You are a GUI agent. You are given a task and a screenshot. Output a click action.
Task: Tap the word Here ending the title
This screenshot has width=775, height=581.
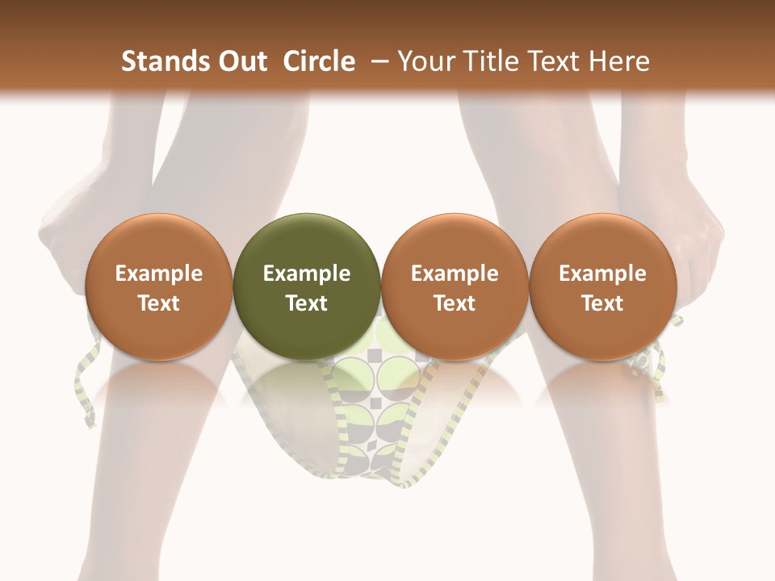(x=620, y=61)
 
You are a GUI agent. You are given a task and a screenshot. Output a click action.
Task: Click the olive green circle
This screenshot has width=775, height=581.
(x=307, y=286)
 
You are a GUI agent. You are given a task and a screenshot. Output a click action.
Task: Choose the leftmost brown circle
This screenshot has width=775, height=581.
(x=158, y=286)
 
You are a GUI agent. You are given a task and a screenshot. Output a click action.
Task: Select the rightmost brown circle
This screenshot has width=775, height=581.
(x=602, y=286)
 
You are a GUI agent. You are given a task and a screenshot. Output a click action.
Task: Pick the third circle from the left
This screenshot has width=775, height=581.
(x=455, y=286)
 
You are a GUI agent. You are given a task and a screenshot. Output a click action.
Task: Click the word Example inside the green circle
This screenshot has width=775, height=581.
(x=307, y=274)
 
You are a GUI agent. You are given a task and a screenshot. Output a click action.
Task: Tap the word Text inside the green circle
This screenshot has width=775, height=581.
(x=307, y=303)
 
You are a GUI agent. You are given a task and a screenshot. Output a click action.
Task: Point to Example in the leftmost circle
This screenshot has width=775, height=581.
(x=158, y=274)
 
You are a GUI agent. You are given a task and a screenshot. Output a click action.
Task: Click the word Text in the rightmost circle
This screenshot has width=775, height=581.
(x=602, y=303)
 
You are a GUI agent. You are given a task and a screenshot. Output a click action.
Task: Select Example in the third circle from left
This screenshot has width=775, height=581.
(x=455, y=274)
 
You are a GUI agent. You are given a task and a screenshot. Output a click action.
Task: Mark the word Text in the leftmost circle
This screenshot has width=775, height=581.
(x=158, y=303)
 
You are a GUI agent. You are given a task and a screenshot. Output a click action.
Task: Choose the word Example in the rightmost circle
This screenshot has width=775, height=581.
(x=602, y=274)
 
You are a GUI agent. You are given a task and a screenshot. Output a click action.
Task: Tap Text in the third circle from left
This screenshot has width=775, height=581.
(x=455, y=303)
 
